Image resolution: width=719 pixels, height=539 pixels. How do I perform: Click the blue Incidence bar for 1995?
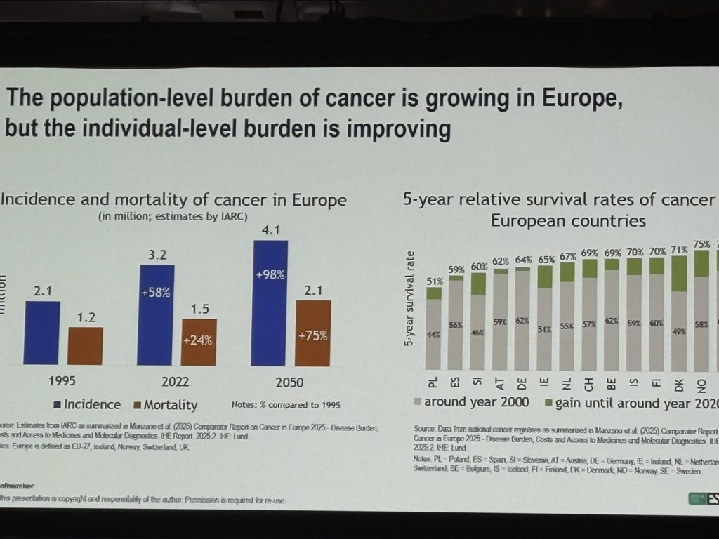point(41,333)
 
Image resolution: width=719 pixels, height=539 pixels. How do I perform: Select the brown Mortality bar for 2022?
point(199,342)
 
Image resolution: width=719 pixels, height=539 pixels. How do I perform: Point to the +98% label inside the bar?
point(270,274)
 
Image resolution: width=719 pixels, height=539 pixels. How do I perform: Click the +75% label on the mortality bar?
point(312,335)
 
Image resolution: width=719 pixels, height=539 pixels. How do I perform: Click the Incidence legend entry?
point(86,404)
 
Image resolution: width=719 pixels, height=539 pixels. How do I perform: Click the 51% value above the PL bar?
point(434,281)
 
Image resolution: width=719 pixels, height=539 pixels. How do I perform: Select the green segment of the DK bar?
point(679,274)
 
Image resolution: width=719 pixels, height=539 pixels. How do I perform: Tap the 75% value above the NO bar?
point(701,245)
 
